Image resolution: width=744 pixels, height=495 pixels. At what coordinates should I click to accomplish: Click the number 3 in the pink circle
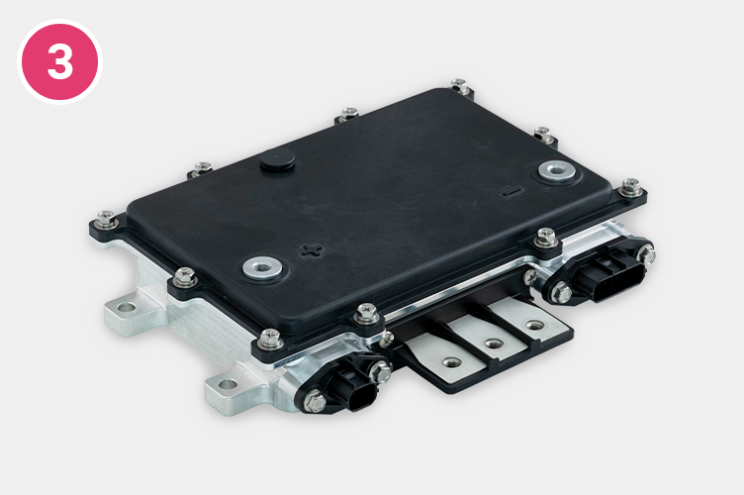click(x=60, y=61)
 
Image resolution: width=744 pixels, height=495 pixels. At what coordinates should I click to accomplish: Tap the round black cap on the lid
click(x=277, y=159)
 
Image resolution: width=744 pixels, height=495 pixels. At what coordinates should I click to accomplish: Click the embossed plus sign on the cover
click(x=312, y=250)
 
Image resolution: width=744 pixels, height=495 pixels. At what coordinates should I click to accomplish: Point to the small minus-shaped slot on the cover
click(x=511, y=191)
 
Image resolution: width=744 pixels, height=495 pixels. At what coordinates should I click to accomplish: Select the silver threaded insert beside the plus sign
click(x=262, y=268)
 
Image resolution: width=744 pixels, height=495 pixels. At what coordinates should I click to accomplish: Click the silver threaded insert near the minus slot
click(x=556, y=169)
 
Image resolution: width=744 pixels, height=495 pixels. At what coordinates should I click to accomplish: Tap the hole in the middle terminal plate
click(x=494, y=344)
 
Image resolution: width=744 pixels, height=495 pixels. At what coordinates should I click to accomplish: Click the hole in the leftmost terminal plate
click(x=451, y=363)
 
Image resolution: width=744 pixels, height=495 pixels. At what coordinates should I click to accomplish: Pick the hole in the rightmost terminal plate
click(x=535, y=326)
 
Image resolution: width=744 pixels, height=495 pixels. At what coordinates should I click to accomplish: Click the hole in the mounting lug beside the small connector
click(x=229, y=384)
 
